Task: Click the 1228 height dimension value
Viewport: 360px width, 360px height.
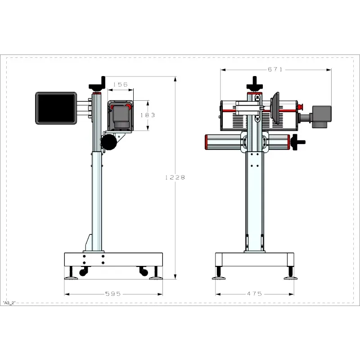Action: pos(175,177)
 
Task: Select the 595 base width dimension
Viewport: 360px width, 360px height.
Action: pos(113,294)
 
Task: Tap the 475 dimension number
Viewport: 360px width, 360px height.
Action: pos(254,294)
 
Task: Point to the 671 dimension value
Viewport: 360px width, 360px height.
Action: pos(275,69)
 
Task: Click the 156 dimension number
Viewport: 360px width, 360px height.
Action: pos(121,85)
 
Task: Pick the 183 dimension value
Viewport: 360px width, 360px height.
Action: pos(148,115)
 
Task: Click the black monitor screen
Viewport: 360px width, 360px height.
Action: pos(56,108)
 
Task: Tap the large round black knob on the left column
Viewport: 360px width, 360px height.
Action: pos(109,142)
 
